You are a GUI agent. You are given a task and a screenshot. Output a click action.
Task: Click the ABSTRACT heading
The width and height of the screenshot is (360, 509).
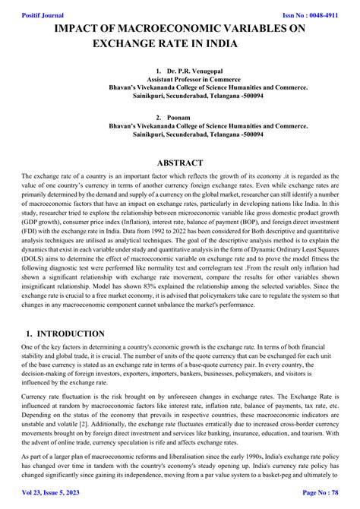pyautogui.click(x=179, y=163)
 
